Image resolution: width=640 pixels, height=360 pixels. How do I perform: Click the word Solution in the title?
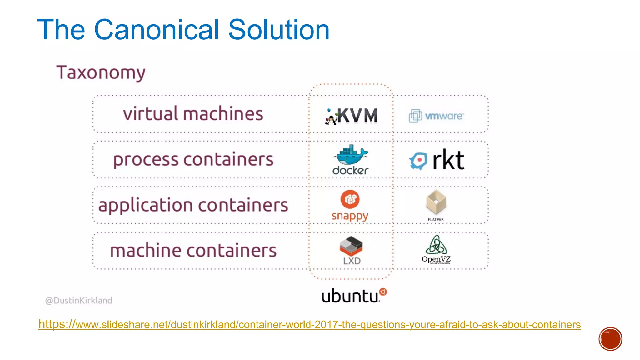click(x=279, y=30)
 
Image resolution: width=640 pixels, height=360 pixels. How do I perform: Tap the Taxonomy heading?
click(x=101, y=73)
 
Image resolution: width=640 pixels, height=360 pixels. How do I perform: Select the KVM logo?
click(x=352, y=116)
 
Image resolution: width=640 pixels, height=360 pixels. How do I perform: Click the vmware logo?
click(x=436, y=116)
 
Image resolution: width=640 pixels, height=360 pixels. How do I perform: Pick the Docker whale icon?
click(x=351, y=155)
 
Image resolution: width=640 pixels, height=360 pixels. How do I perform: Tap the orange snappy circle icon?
click(x=350, y=199)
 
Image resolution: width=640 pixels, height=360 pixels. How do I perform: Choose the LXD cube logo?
click(x=351, y=247)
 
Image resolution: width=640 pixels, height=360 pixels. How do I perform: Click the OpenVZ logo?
click(x=436, y=249)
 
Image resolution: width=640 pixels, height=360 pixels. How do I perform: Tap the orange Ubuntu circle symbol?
click(x=383, y=292)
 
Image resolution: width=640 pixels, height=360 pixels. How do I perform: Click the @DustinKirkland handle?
click(x=79, y=300)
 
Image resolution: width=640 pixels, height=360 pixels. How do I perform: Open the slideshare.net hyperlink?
click(x=309, y=324)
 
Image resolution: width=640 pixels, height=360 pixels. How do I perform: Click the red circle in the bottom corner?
click(x=610, y=339)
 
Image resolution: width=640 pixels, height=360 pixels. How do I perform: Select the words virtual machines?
click(x=193, y=114)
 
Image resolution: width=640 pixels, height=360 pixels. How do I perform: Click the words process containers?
click(x=193, y=160)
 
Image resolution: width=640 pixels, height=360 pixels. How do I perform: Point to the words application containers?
click(x=193, y=205)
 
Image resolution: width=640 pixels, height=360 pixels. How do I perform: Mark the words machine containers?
click(x=193, y=251)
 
